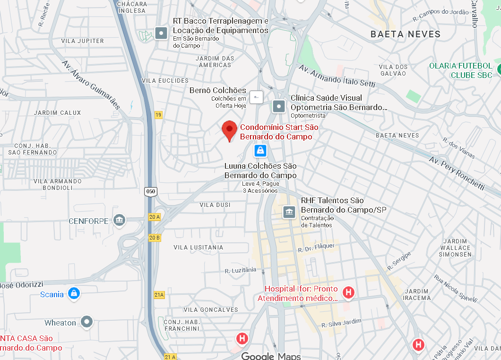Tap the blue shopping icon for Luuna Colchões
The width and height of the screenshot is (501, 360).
259,151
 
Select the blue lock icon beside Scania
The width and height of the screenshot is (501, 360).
73,293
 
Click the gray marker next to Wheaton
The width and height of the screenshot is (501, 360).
86,322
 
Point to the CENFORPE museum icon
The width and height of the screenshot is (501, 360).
119,220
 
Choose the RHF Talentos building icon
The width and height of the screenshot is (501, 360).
289,212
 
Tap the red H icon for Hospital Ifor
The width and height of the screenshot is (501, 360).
349,292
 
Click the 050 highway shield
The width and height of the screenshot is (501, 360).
150,191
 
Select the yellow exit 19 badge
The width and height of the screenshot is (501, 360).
158,115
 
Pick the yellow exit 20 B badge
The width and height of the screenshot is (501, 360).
155,237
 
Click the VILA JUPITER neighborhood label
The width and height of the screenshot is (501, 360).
83,41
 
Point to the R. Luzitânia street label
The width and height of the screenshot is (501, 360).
241,270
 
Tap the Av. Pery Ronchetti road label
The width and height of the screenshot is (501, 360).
457,173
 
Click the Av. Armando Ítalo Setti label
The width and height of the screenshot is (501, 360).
337,76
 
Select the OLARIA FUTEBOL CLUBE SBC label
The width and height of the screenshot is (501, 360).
460,70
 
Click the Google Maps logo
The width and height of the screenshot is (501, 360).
271,356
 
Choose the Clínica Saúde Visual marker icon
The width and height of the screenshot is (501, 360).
279,106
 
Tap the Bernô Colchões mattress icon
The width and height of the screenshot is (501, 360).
256,97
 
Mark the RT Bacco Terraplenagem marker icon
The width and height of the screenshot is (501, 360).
162,34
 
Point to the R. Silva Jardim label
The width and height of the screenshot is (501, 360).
341,323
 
